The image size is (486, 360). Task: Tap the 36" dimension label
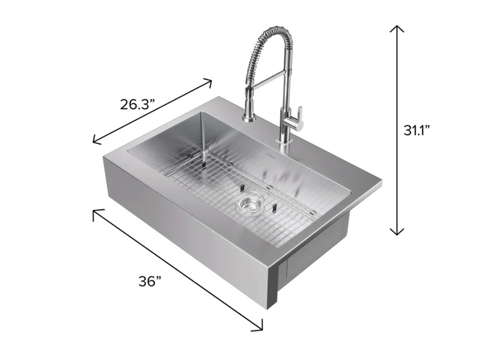(150, 282)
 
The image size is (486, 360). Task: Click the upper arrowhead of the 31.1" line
(397, 28)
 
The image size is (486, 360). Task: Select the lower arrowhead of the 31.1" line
(397, 231)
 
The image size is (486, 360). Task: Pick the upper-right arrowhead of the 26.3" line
(209, 81)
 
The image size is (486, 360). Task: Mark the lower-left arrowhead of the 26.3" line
(96, 141)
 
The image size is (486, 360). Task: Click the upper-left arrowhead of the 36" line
(95, 212)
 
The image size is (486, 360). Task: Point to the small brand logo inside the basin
(269, 155)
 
